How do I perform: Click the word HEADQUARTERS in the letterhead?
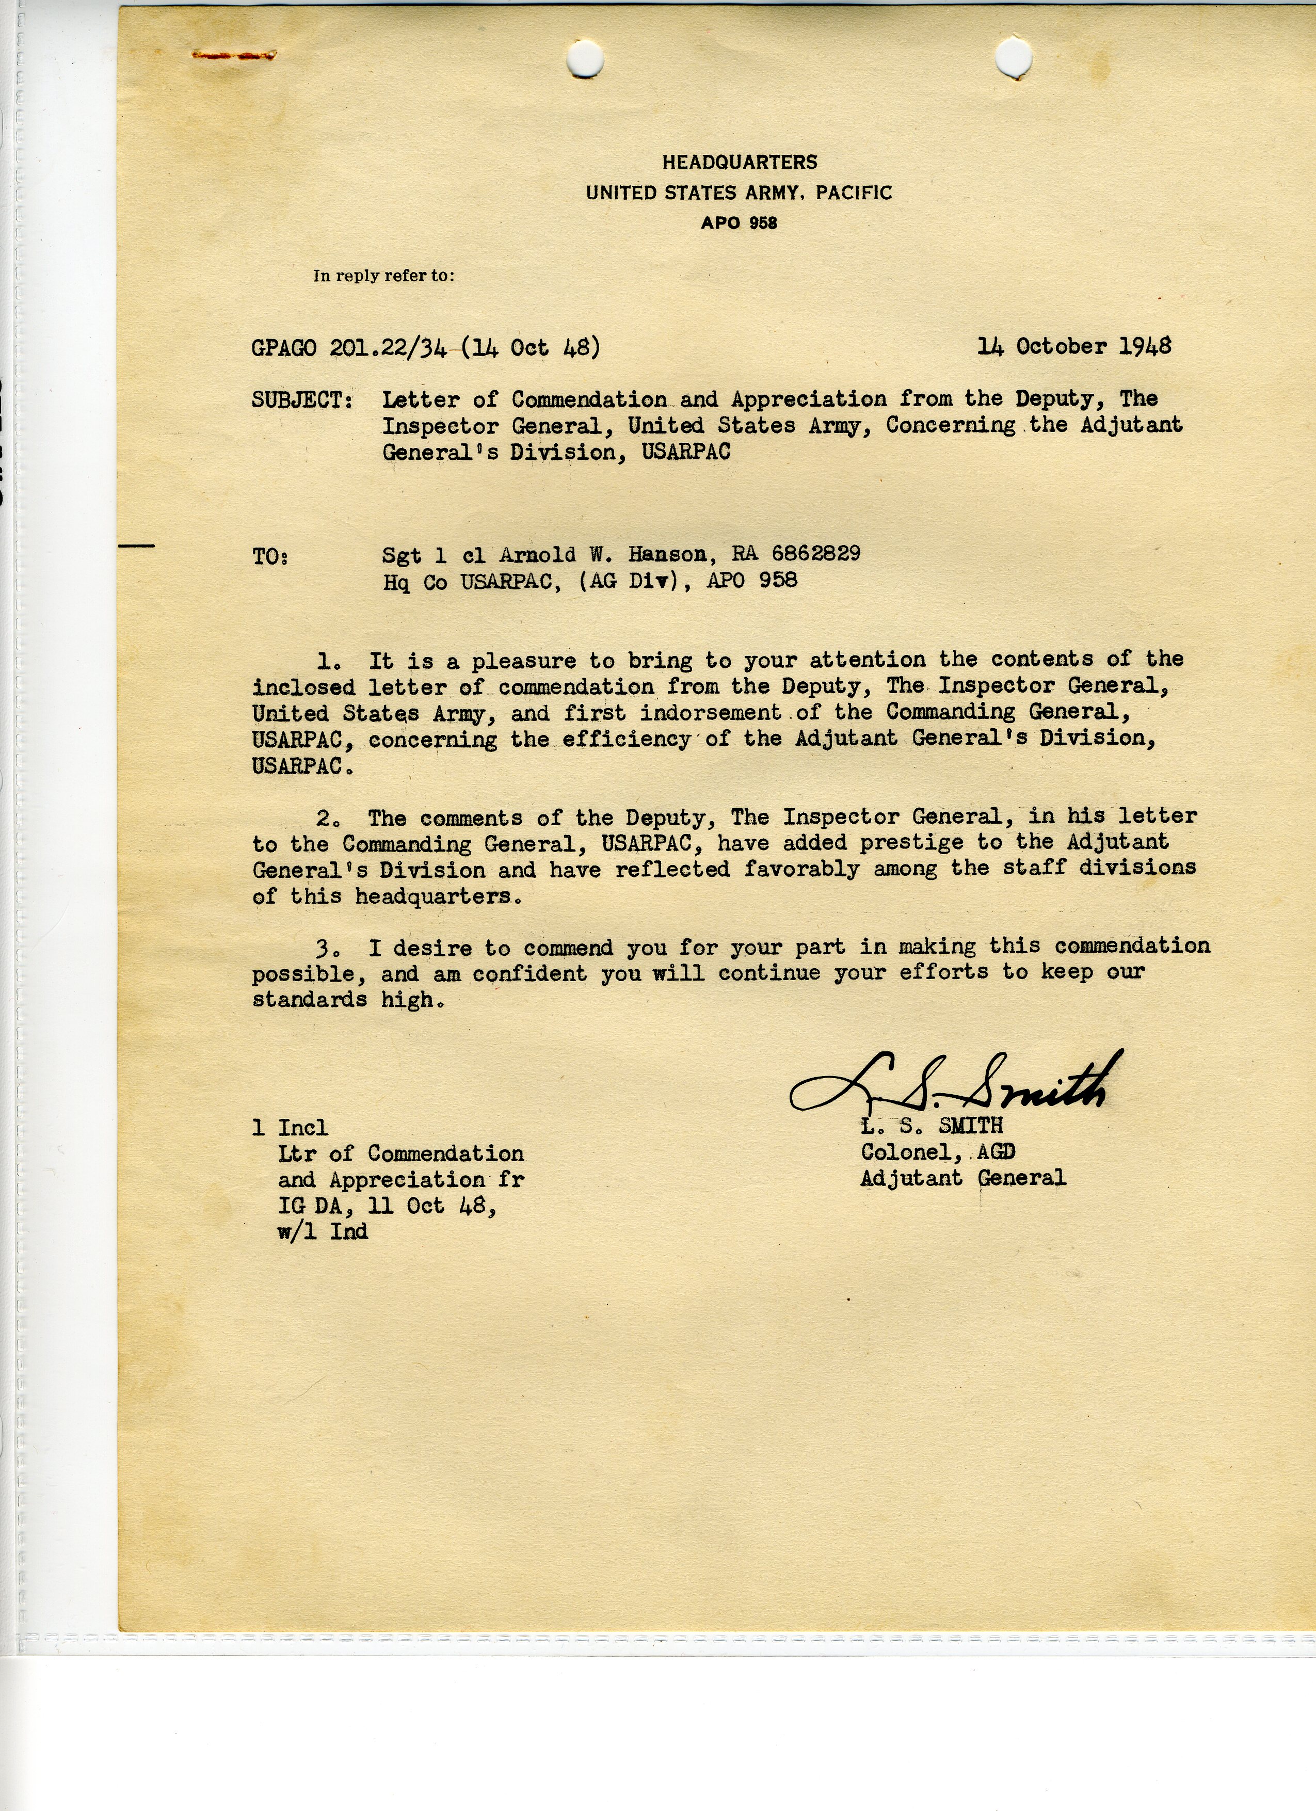740,162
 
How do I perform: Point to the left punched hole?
585,57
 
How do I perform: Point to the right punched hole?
1014,56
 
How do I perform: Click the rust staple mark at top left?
234,55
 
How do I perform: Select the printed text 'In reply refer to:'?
383,276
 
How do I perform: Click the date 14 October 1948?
1074,346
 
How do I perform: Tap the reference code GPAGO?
283,349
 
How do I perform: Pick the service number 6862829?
815,553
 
